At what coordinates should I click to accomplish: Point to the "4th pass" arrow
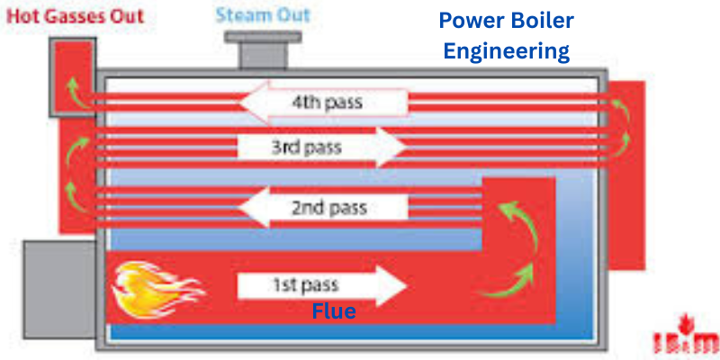(x=324, y=103)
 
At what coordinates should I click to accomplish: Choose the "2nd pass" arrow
(x=325, y=208)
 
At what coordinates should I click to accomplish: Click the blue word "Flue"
(x=334, y=312)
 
